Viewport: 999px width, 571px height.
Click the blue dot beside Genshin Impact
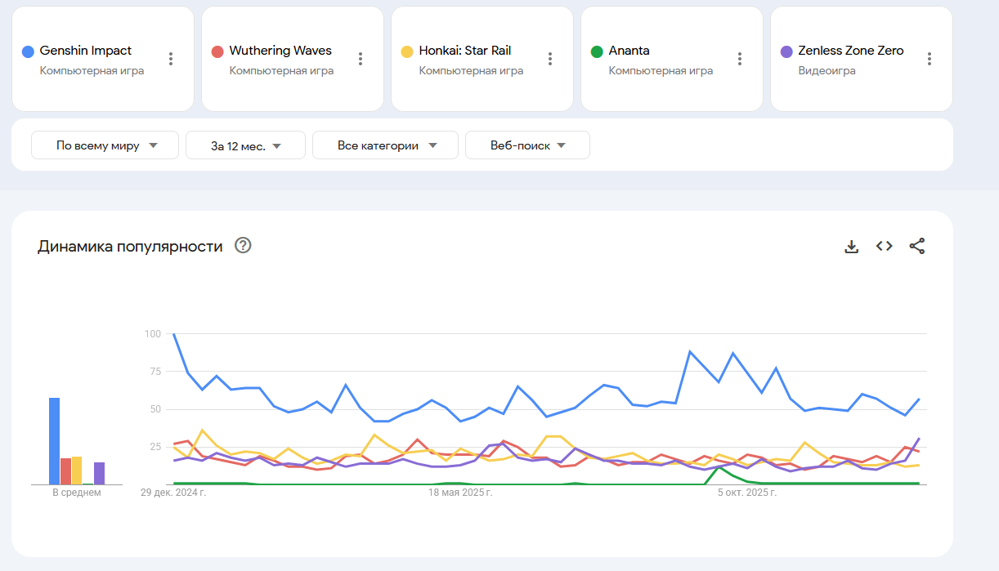click(x=28, y=51)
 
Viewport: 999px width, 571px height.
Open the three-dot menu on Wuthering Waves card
click(x=361, y=59)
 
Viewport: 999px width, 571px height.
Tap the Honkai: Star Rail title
click(x=464, y=51)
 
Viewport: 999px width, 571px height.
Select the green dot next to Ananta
click(x=597, y=51)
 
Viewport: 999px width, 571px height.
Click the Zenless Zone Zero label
click(x=850, y=51)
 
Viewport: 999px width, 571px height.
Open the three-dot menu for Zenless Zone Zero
click(x=930, y=59)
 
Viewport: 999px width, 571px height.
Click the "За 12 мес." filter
click(x=245, y=146)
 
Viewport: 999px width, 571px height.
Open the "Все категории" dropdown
click(x=386, y=145)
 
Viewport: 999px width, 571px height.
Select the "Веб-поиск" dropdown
click(x=527, y=145)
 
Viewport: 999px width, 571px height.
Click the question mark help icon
click(x=243, y=245)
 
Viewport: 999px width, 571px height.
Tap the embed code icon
click(x=884, y=246)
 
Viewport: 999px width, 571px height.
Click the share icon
click(x=917, y=246)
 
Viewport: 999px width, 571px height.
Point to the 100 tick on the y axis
click(x=152, y=333)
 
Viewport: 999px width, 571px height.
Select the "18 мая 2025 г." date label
click(x=460, y=493)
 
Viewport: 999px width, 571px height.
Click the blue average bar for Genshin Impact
click(x=54, y=441)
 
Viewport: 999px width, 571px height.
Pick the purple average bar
click(x=99, y=473)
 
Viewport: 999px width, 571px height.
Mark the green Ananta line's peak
click(x=719, y=467)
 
